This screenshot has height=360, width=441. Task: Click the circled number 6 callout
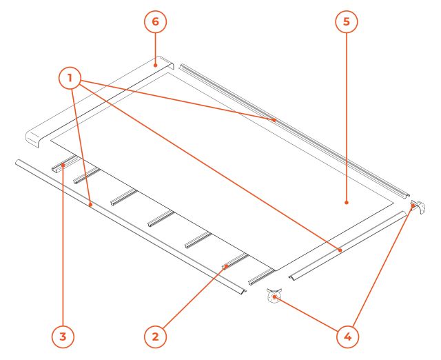coord(156,21)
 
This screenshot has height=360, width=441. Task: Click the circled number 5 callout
coord(347,21)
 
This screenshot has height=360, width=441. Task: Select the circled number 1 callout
coord(70,78)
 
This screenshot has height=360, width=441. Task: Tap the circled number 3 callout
coord(63,337)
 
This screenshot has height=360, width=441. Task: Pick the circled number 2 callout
coord(155,337)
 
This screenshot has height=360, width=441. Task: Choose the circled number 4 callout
coord(348,337)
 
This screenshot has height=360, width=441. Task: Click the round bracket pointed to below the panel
coord(274,296)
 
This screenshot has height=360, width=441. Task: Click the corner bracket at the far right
coord(418,207)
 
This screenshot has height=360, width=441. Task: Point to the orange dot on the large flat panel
coord(347,202)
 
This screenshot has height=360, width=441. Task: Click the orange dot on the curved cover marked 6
coord(155,66)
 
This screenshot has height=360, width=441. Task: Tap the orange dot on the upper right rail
coord(274,120)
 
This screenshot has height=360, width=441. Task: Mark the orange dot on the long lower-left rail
coord(90,205)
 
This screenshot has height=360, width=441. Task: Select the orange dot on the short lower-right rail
coord(340,250)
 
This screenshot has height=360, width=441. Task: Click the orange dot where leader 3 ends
coord(63,165)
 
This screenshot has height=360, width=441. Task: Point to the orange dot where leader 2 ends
coord(225,266)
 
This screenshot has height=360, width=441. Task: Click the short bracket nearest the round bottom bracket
coord(260,277)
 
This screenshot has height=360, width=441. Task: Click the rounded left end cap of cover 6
coord(33,139)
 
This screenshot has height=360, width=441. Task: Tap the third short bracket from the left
coord(123,197)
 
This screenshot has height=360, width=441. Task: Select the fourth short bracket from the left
coord(161,218)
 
